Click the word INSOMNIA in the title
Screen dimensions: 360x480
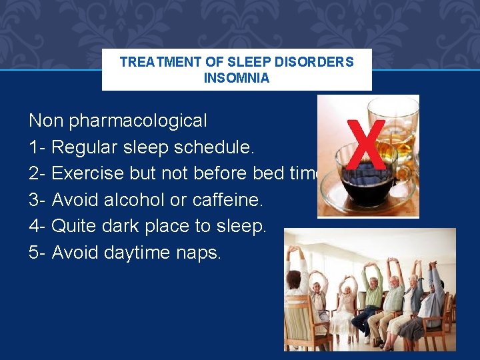pos(237,78)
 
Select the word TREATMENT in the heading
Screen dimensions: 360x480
pos(161,62)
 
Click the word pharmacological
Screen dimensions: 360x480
pos(138,121)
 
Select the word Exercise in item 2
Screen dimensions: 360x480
pos(87,173)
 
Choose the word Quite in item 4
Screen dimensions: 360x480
pos(74,226)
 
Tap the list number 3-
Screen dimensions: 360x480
pos(37,199)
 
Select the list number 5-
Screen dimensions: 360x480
pos(37,253)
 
